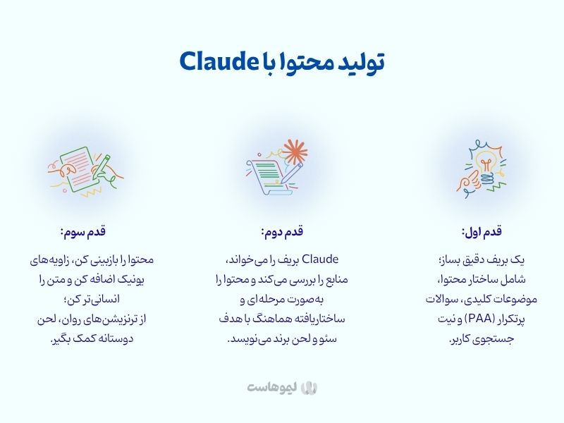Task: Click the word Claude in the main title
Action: pyautogui.click(x=217, y=61)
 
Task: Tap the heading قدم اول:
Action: pyautogui.click(x=482, y=232)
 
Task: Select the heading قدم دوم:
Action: pyautogui.click(x=282, y=232)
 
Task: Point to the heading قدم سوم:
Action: pyautogui.click(x=83, y=232)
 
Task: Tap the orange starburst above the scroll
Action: pyautogui.click(x=295, y=152)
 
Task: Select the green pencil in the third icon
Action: pyautogui.click(x=101, y=168)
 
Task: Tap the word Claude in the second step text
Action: pyautogui.click(x=320, y=259)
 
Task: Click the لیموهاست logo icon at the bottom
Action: pyautogui.click(x=309, y=388)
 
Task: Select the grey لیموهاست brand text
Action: pyautogui.click(x=272, y=388)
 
